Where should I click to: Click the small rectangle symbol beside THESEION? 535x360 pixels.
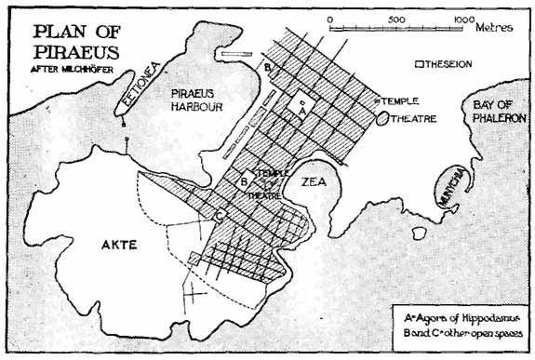click(x=421, y=65)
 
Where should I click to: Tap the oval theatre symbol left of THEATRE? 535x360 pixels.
click(x=382, y=118)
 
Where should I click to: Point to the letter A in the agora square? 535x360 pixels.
click(x=297, y=110)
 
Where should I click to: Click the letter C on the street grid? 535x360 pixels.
click(x=220, y=216)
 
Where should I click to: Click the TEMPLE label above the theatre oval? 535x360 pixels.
click(x=394, y=100)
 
